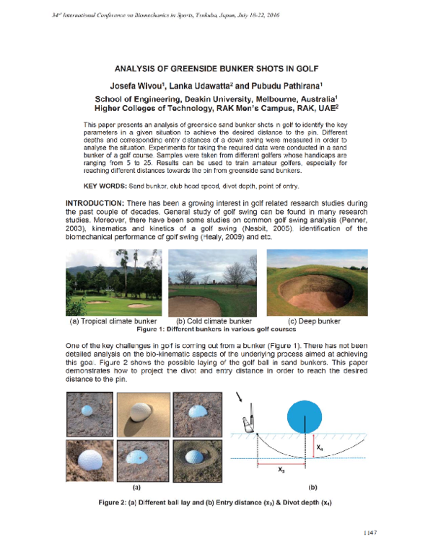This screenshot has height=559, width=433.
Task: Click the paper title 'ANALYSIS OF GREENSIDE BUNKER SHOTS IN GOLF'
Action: coord(216,70)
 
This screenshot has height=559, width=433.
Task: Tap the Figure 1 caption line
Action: coord(216,329)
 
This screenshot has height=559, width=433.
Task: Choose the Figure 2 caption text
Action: coord(216,502)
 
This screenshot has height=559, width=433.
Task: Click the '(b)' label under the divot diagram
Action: coord(312,486)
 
